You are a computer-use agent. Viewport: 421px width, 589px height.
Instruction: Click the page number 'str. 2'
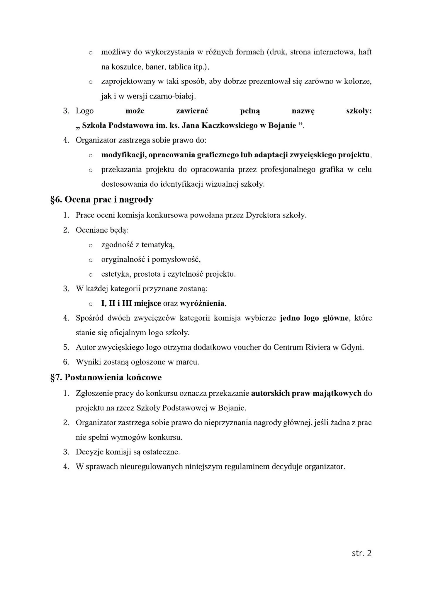pyautogui.click(x=361, y=553)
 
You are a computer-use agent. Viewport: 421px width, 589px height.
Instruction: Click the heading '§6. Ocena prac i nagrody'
pyautogui.click(x=102, y=200)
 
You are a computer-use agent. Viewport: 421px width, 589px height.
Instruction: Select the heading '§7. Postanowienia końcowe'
pyautogui.click(x=106, y=377)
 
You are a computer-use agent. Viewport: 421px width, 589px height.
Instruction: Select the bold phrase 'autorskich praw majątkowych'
pyautogui.click(x=306, y=393)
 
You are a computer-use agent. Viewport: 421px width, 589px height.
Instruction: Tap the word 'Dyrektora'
pyautogui.click(x=263, y=215)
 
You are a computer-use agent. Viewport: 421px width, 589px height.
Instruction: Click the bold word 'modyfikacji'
pyautogui.click(x=123, y=155)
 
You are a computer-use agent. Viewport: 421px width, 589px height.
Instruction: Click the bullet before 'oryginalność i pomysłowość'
pyautogui.click(x=91, y=260)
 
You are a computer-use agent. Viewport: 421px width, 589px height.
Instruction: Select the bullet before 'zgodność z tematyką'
pyautogui.click(x=91, y=245)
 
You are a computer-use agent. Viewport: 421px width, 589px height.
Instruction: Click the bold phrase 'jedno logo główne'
pyautogui.click(x=314, y=318)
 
